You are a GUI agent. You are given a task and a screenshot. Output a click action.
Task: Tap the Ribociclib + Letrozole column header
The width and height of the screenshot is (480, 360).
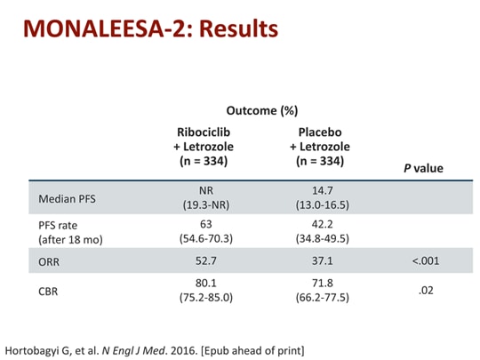point(200,147)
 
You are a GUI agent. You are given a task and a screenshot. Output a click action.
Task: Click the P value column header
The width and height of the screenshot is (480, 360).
point(422,168)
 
